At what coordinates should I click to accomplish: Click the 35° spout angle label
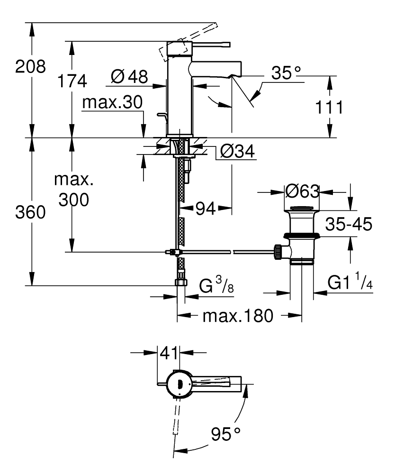[x=286, y=73]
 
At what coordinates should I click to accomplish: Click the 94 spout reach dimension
[x=205, y=208]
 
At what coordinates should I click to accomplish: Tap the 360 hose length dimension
[x=30, y=213]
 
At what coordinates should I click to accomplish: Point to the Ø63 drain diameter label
[x=302, y=192]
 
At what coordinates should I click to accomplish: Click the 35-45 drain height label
[x=348, y=224]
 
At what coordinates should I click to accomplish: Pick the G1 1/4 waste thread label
[x=348, y=283]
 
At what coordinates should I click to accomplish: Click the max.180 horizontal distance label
[x=238, y=315]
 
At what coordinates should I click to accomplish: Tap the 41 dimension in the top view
[x=169, y=353]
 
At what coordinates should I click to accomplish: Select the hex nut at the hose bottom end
[x=181, y=283]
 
